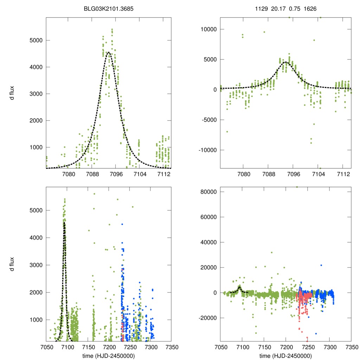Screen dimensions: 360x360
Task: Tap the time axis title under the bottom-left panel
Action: pyautogui.click(x=109, y=356)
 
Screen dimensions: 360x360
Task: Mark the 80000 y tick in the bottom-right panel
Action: pyautogui.click(x=208, y=192)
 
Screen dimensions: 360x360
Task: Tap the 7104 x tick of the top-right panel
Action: pyautogui.click(x=319, y=174)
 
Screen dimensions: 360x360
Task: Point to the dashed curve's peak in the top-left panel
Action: pyautogui.click(x=109, y=52)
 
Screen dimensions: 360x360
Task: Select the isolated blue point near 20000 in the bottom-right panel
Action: pyautogui.click(x=321, y=265)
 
